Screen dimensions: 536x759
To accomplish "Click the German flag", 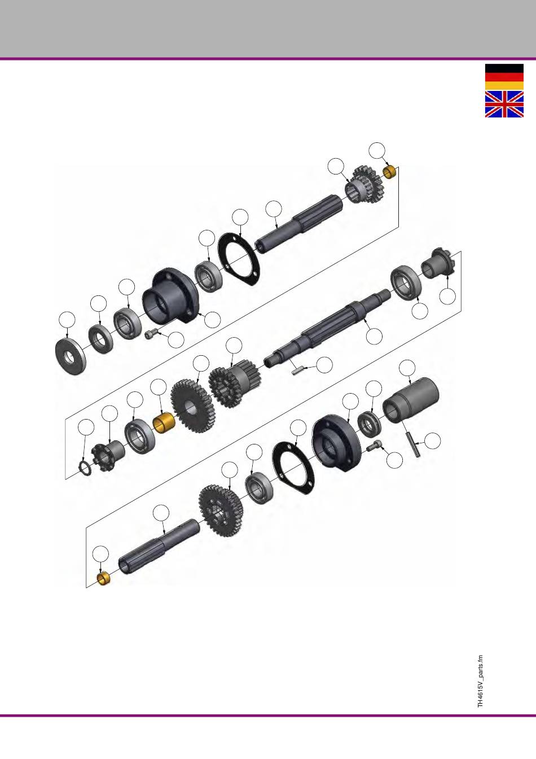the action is coord(504,77).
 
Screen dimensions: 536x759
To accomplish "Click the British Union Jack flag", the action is coord(504,104).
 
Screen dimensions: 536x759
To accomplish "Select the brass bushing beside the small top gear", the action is coord(389,172).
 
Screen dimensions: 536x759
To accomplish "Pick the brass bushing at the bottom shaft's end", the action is coord(104,579).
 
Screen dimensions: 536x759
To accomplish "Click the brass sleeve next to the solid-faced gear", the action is coord(164,422).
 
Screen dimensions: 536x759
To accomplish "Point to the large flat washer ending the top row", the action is coord(71,356).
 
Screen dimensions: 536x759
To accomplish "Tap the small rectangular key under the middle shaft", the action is coord(298,370).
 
